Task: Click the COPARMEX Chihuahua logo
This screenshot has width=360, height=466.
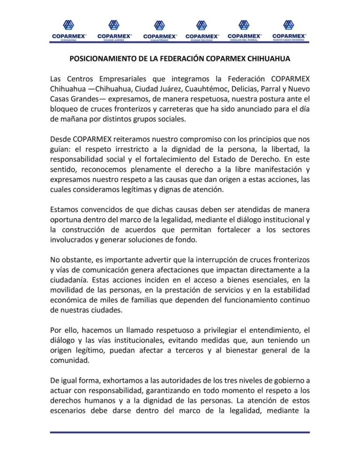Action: [x=68, y=30]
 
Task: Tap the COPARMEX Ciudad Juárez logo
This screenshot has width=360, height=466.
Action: [x=114, y=30]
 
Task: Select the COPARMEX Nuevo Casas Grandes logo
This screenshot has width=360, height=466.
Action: [x=289, y=30]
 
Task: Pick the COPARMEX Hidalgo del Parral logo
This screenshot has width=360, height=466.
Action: [x=244, y=30]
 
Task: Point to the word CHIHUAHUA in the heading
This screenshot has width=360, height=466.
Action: [x=266, y=60]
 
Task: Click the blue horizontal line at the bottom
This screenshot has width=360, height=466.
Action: [x=180, y=432]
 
